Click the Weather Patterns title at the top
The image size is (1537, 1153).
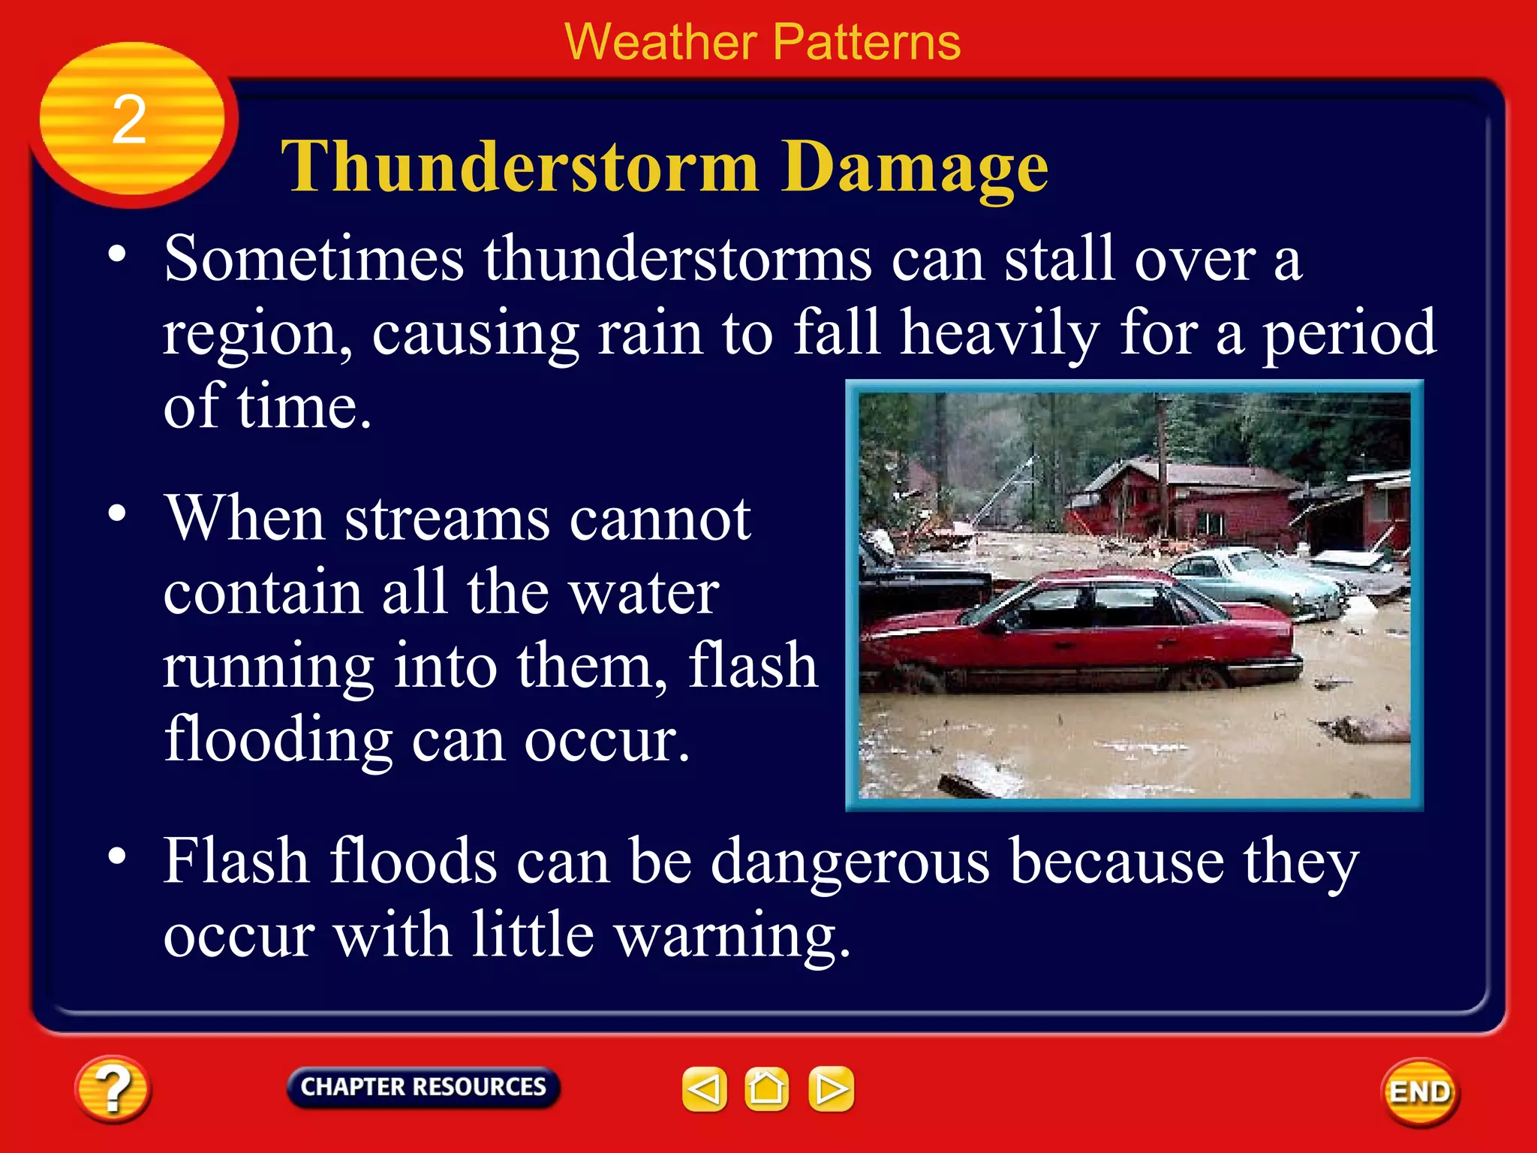(762, 42)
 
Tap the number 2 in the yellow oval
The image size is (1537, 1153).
(128, 120)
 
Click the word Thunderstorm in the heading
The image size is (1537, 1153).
(519, 167)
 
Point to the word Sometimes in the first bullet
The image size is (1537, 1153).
(314, 259)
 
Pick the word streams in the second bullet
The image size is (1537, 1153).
(447, 519)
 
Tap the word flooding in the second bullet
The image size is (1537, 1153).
(278, 739)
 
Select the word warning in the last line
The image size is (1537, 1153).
(732, 936)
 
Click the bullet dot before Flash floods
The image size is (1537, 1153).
(116, 856)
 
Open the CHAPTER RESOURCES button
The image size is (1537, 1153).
(423, 1087)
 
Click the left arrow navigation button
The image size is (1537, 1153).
(704, 1088)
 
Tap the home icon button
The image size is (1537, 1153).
(766, 1088)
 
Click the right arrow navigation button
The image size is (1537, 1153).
(831, 1088)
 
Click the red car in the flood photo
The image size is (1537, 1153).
(1081, 634)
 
